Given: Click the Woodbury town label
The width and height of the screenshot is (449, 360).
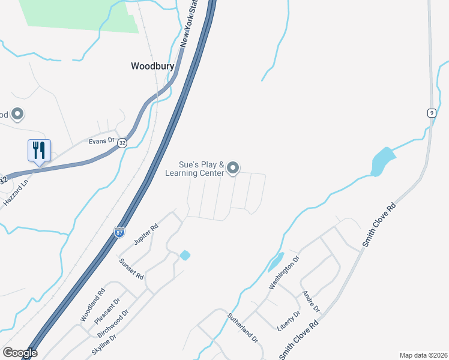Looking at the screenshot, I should [x=152, y=67].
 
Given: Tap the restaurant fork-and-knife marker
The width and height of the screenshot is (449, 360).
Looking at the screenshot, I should [x=39, y=150].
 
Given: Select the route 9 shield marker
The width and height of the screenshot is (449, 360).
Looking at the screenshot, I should [x=432, y=113].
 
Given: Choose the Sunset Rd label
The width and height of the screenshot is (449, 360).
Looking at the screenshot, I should [x=131, y=269].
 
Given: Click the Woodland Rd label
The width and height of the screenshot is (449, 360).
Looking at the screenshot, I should [x=92, y=304].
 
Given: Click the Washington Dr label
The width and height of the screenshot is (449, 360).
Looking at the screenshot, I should [x=284, y=274].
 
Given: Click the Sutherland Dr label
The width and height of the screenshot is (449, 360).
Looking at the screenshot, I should [x=243, y=327].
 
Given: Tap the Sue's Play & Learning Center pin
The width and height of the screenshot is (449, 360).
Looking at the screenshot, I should [x=234, y=168].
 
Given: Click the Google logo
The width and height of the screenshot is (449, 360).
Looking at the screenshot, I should [x=20, y=353].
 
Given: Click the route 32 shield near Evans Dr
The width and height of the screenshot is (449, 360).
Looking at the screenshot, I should [x=122, y=143].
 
